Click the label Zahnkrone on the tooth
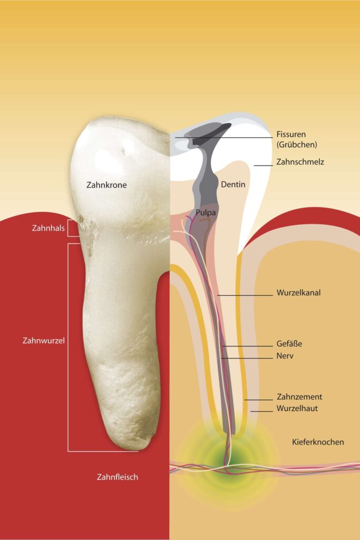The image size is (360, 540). [x=106, y=185]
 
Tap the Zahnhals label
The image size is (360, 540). [x=48, y=228]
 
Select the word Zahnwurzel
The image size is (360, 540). [x=43, y=341]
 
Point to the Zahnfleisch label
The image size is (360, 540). [x=118, y=477]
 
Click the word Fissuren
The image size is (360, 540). [x=291, y=134]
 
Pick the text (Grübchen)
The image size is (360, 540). [x=297, y=144]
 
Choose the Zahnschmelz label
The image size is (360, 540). [x=300, y=162]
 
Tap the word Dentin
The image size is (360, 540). [x=233, y=184]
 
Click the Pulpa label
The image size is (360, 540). [x=206, y=213]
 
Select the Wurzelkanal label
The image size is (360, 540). [x=298, y=293]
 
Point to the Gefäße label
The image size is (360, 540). [x=289, y=344]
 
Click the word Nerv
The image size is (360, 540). [x=285, y=356]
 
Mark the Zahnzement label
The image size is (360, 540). [x=299, y=397]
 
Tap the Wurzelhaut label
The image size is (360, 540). [x=297, y=409]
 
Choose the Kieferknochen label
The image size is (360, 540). [x=318, y=442]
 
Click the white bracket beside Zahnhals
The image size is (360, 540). [x=73, y=228]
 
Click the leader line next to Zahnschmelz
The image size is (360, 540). [x=264, y=166]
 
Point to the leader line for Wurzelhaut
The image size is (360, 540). [x=261, y=411]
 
